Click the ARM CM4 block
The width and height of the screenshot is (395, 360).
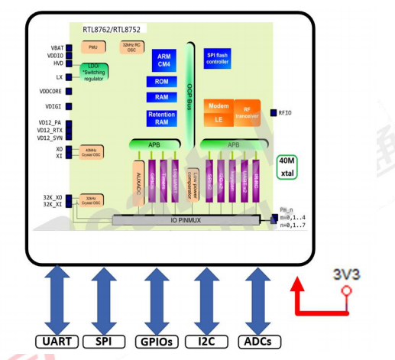(164, 60)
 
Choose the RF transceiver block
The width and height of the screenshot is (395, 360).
(247, 109)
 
